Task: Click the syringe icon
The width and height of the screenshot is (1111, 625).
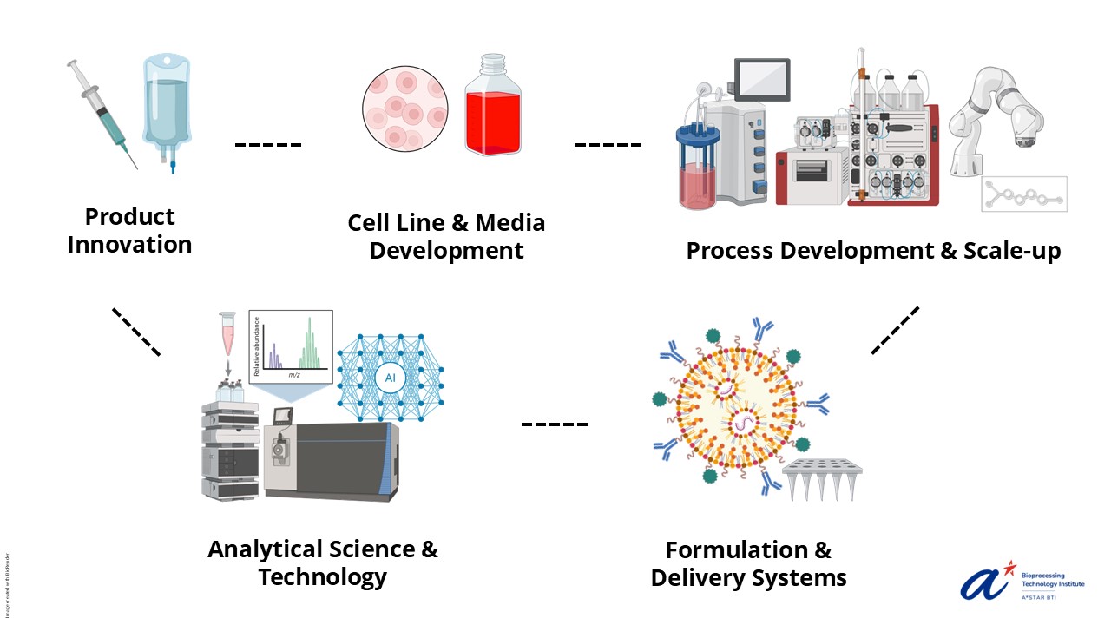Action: pyautogui.click(x=102, y=113)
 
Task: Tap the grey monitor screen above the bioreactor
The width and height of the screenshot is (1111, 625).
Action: pyautogui.click(x=762, y=80)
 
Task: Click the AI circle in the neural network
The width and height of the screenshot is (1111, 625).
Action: pyautogui.click(x=390, y=378)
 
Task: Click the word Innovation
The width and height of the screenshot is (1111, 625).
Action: pyautogui.click(x=129, y=245)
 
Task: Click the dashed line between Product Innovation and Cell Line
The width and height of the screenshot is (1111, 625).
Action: pyautogui.click(x=268, y=144)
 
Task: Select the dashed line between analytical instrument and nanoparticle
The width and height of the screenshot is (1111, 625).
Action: pyautogui.click(x=554, y=424)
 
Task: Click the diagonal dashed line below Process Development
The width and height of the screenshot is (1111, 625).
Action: pyautogui.click(x=894, y=330)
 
